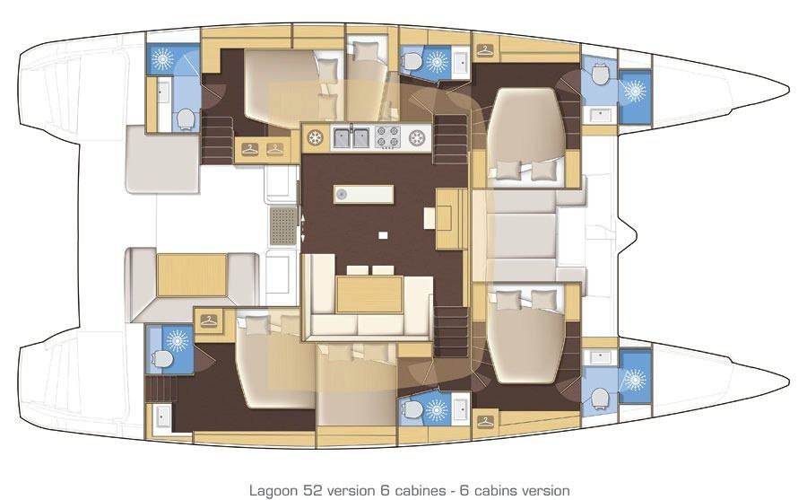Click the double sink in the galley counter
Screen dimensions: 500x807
(x=351, y=137)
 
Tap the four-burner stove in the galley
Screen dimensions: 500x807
(x=387, y=137)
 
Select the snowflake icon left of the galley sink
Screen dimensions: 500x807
(x=315, y=137)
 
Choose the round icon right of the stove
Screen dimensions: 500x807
(x=416, y=137)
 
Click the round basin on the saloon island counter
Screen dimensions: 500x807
(x=342, y=194)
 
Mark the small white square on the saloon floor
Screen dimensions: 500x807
(x=383, y=235)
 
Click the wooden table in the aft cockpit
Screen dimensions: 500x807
(x=192, y=274)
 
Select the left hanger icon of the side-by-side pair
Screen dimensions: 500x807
(x=249, y=149)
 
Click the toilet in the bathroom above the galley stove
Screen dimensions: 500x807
(x=412, y=61)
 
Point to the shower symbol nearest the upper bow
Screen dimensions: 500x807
(x=635, y=92)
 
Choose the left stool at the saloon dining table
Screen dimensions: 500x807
(x=357, y=269)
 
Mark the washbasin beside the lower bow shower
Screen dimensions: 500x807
(x=598, y=358)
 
